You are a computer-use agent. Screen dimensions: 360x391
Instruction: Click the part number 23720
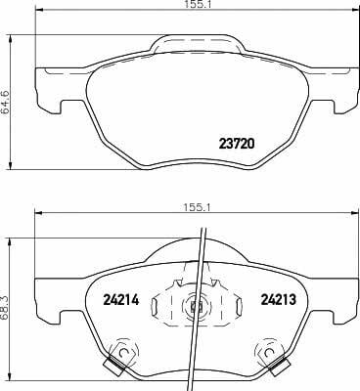[237, 143]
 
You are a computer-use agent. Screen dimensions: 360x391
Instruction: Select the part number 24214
[121, 299]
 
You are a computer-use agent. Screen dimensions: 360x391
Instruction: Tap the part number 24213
[278, 299]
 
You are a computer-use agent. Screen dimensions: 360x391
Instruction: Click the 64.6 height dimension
[5, 102]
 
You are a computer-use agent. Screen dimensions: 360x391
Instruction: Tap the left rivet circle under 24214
[123, 352]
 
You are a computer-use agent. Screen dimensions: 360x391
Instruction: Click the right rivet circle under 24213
[268, 352]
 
